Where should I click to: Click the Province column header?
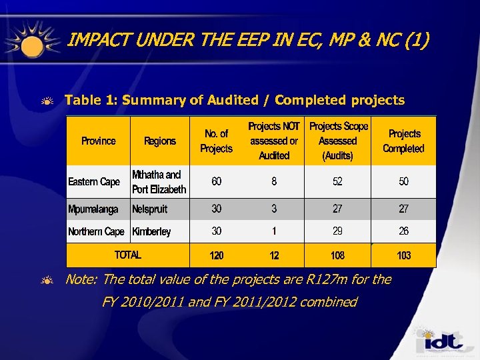coord(98,141)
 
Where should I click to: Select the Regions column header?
coord(160,141)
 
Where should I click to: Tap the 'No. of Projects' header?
coord(216,141)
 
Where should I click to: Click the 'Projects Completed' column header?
coord(403,141)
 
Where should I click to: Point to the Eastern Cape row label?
coord(94,182)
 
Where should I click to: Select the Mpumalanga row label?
coord(93,209)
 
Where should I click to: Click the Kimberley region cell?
coord(151,232)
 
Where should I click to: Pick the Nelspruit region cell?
coord(150,209)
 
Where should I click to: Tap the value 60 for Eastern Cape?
coord(217,181)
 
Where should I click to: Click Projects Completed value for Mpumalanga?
coord(403,209)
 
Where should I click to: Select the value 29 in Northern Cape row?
coord(337,231)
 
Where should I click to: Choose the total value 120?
coord(217,255)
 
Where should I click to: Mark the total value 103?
coord(403,255)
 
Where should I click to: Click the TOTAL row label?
coord(128,255)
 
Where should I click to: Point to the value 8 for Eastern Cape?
coord(274,181)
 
